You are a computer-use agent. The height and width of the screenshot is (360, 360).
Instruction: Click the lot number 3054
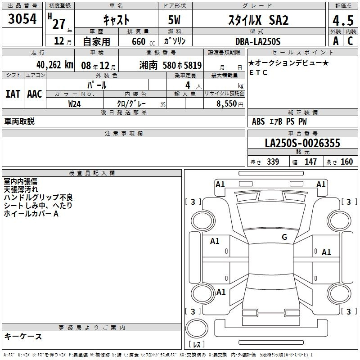22,19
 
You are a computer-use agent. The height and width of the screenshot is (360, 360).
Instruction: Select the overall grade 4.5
343,20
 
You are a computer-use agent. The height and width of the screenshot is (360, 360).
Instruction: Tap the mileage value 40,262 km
54,65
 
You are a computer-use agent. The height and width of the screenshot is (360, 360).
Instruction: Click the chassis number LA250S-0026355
302,143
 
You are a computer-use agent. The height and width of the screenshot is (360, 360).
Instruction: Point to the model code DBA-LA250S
257,41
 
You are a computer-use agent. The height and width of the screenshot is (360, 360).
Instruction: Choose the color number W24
74,104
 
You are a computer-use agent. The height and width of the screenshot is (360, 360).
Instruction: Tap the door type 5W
174,20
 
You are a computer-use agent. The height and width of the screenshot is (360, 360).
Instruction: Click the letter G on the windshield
284,237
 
